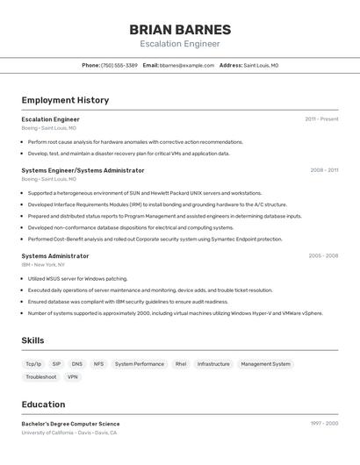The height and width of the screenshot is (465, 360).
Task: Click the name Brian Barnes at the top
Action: point(180,29)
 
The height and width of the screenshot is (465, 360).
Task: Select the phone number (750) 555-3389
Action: point(119,65)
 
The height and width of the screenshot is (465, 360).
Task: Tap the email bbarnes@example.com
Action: point(187,65)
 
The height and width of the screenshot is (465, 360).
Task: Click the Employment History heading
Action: point(65,100)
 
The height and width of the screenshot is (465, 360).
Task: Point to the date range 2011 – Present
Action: point(321,119)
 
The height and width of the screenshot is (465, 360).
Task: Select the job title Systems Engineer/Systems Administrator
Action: point(83,170)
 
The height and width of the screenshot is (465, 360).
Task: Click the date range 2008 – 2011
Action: point(324,170)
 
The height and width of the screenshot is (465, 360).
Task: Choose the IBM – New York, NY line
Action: point(43,264)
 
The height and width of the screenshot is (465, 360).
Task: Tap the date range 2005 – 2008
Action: point(323,256)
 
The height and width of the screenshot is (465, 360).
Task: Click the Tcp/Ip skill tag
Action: point(33,363)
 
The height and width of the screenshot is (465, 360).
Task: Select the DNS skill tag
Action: point(77,363)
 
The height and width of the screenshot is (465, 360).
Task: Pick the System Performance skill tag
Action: point(139,363)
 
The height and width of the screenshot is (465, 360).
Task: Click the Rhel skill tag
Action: point(181,363)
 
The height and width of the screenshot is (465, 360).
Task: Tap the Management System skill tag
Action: point(265,363)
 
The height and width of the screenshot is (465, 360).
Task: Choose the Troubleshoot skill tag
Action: point(40,376)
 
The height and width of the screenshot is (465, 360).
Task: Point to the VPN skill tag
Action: point(73,376)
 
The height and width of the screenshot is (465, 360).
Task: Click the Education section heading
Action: point(43,404)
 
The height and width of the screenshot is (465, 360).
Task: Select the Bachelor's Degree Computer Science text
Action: point(70,424)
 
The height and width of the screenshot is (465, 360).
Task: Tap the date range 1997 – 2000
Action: point(324,424)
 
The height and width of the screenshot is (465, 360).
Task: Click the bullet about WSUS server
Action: point(77,279)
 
